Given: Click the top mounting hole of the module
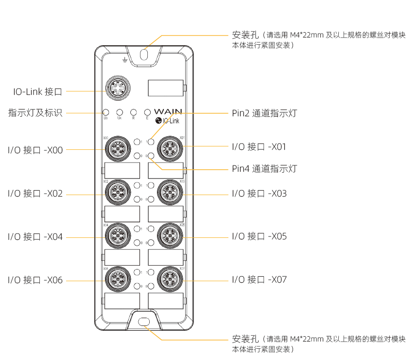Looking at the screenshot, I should pyautogui.click(x=144, y=55).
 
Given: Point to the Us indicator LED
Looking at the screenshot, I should pyautogui.click(x=105, y=112).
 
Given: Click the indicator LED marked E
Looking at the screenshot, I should pyautogui.click(x=147, y=112).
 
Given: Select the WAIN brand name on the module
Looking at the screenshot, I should pyautogui.click(x=168, y=112).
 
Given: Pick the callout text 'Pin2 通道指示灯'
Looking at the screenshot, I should pyautogui.click(x=264, y=113).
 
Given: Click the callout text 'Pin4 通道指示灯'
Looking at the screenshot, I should pyautogui.click(x=264, y=169).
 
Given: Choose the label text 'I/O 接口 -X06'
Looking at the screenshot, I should pyautogui.click(x=35, y=280).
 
